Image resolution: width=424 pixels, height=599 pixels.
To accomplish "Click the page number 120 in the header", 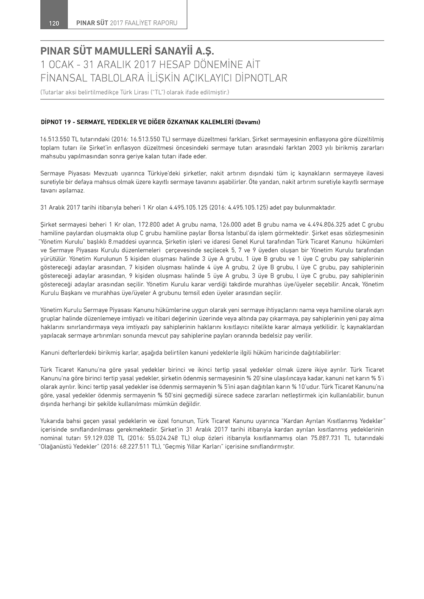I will tap(54, 23).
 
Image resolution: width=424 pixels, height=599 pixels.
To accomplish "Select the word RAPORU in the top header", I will tap(165, 23).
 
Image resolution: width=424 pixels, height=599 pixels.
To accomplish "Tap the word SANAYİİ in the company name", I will tap(173, 52).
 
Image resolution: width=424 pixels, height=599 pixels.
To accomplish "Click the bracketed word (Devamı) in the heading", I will tap(248, 122).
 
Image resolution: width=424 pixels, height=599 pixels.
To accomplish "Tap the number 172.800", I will tap(148, 225).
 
